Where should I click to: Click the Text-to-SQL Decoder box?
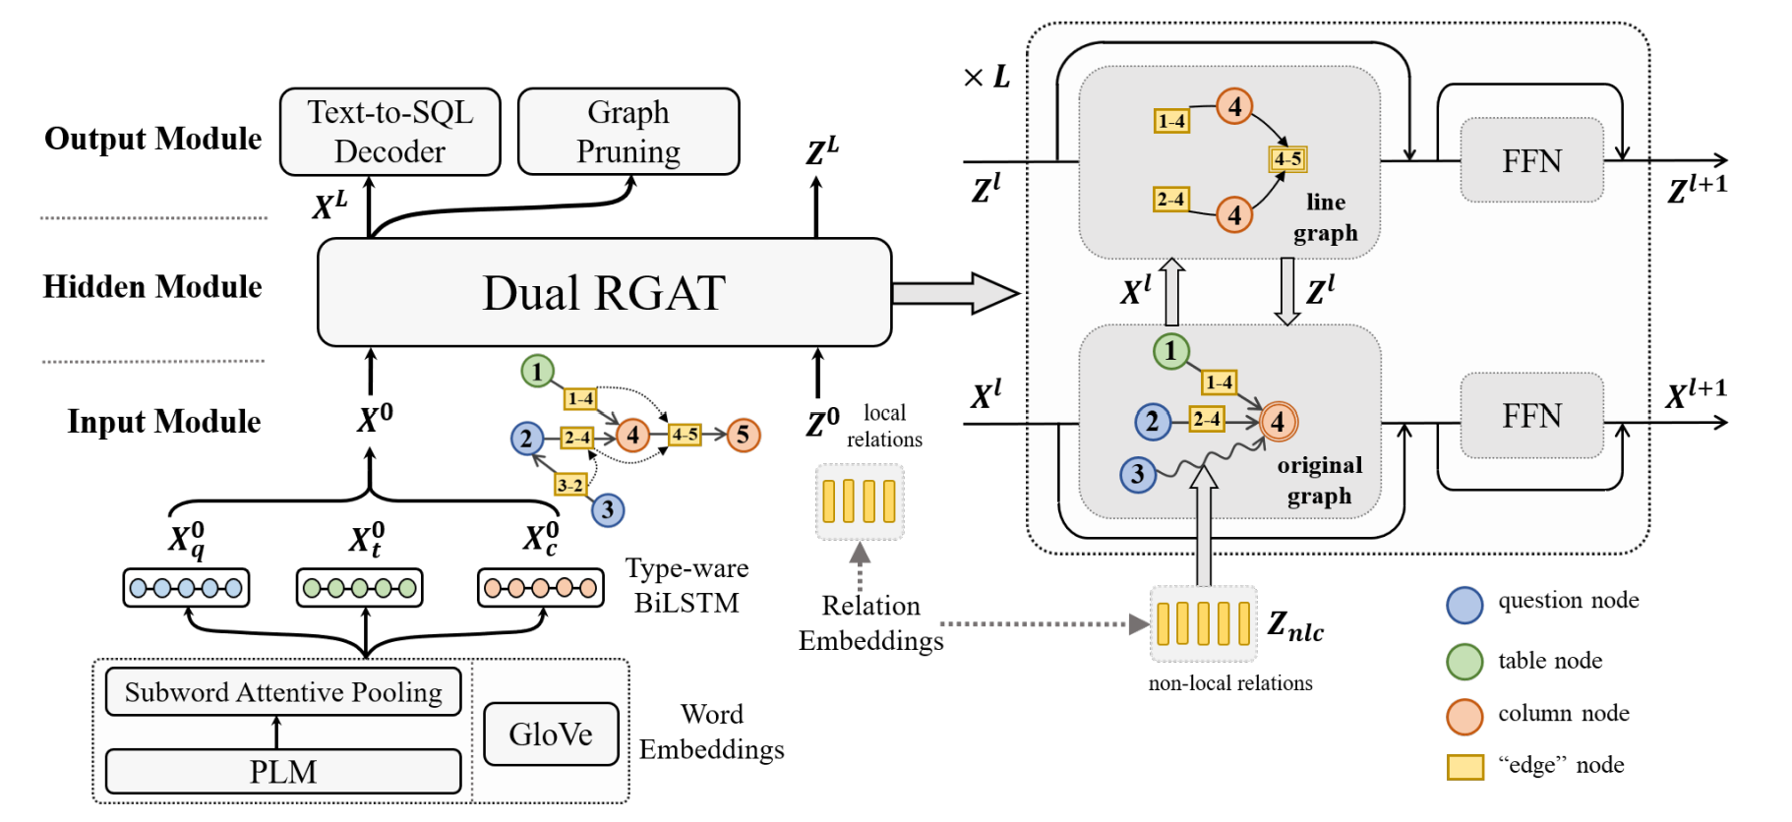(x=389, y=132)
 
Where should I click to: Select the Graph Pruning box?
(x=628, y=132)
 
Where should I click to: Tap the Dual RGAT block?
(x=604, y=292)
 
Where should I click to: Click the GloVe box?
(x=551, y=734)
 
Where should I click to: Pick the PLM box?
(x=283, y=771)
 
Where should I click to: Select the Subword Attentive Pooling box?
(x=283, y=692)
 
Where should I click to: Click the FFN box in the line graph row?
(x=1531, y=160)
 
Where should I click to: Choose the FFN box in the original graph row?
(x=1531, y=415)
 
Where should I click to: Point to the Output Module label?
(x=153, y=139)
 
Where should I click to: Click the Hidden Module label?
(x=152, y=286)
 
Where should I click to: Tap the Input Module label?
(x=164, y=421)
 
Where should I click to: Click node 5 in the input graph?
(x=744, y=435)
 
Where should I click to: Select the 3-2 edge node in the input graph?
(x=570, y=484)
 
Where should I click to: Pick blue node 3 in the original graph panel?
(x=1138, y=475)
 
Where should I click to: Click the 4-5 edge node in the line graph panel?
(x=1287, y=158)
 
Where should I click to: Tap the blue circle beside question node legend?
(x=1464, y=605)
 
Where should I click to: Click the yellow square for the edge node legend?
(x=1464, y=767)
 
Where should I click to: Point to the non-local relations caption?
(x=1230, y=683)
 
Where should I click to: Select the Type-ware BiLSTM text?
(x=687, y=585)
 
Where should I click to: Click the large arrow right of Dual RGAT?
(x=954, y=293)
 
